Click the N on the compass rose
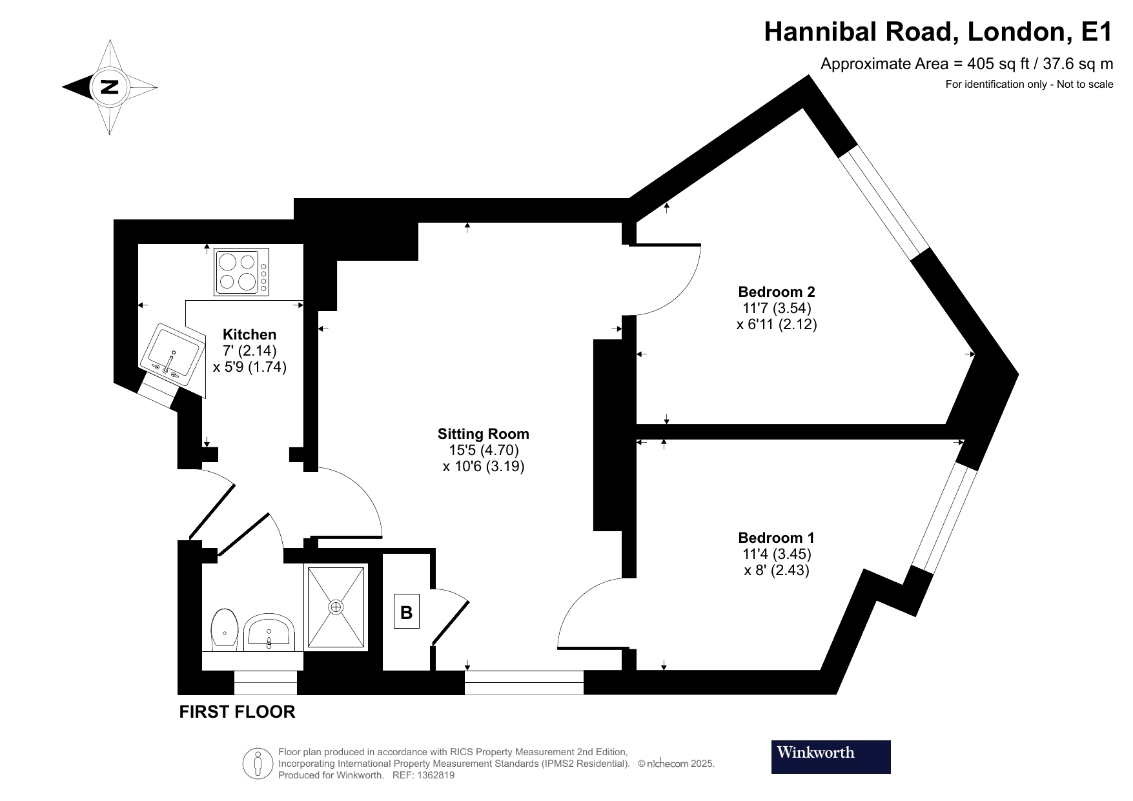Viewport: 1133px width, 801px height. click(x=110, y=86)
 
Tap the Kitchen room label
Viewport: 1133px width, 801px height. click(x=249, y=334)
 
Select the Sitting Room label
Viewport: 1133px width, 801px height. click(x=483, y=434)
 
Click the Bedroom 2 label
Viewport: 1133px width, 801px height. click(x=776, y=292)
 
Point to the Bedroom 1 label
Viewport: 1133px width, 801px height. click(x=776, y=538)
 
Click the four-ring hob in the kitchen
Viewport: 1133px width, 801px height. click(x=241, y=272)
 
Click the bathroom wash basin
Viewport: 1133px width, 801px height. click(x=270, y=631)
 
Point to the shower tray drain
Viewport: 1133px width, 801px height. click(x=336, y=607)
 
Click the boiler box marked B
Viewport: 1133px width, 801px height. click(x=406, y=612)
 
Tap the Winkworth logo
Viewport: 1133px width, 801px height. click(x=830, y=756)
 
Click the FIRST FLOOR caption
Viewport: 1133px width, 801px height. click(x=237, y=712)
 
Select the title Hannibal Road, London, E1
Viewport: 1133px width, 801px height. click(x=938, y=32)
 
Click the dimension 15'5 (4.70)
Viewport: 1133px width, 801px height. click(x=484, y=450)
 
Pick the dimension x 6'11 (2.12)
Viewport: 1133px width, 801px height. click(x=777, y=324)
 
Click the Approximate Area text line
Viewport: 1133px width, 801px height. click(x=966, y=64)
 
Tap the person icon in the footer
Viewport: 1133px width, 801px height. click(x=258, y=764)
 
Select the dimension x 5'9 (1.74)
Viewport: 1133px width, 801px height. click(x=250, y=367)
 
